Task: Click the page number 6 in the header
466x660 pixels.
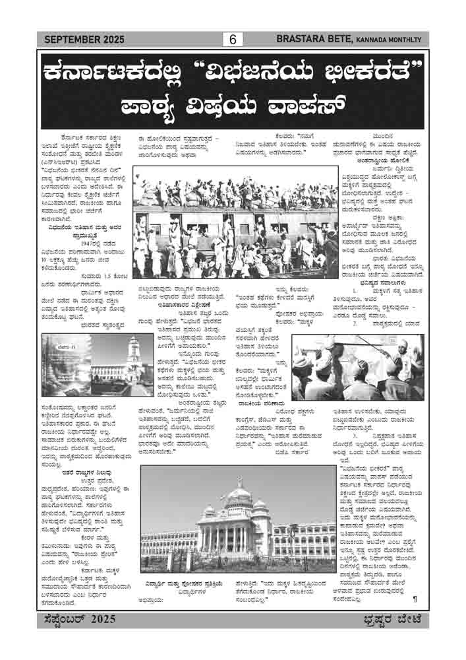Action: (233, 40)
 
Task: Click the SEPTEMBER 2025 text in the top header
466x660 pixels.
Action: (84, 40)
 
